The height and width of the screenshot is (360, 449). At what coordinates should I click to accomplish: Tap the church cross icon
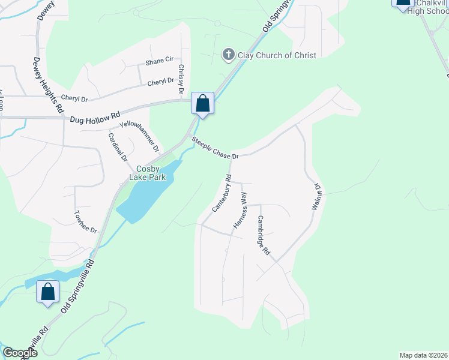point(228,55)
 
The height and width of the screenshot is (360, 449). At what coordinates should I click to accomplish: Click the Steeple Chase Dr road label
point(215,148)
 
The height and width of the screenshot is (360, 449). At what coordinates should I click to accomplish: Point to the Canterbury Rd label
point(221,194)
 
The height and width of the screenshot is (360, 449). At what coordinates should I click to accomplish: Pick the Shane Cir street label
point(160,61)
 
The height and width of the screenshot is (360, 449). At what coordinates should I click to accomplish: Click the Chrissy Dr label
point(181,79)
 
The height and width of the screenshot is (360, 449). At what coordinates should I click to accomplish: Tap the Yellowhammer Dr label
point(139,136)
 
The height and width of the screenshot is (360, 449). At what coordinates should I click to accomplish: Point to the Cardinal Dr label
point(118,148)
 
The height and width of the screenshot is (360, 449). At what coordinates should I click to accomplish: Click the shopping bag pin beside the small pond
point(47,292)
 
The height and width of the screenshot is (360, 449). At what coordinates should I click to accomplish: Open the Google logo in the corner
point(19,353)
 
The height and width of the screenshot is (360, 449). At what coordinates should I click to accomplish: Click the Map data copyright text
point(423,355)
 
